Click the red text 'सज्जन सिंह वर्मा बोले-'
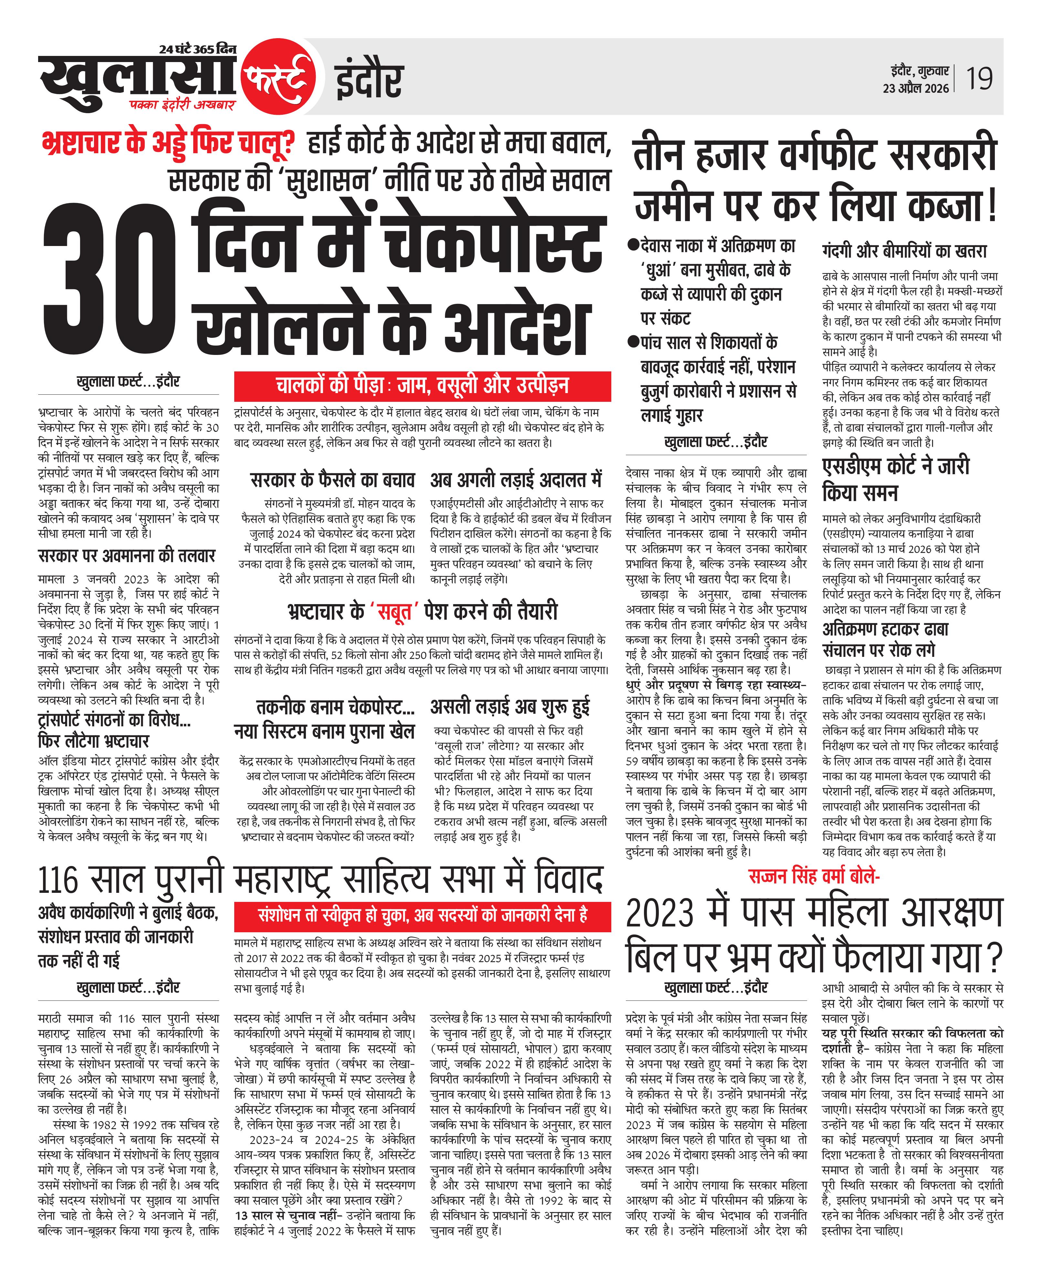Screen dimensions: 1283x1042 coord(814,877)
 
